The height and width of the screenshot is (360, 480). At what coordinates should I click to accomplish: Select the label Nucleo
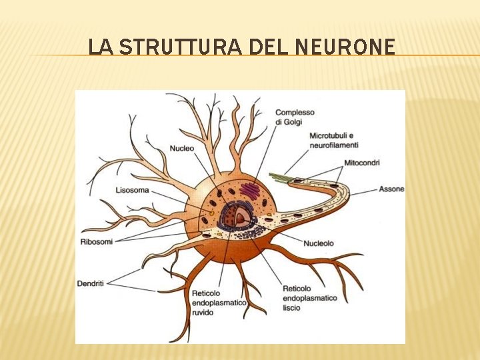point(181,148)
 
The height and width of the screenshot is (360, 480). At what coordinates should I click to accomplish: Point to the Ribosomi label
point(97,241)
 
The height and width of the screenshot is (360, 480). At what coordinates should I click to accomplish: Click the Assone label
point(391,189)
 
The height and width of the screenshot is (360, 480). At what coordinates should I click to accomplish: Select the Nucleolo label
point(318,243)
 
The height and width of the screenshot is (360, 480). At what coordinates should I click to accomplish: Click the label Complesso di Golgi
point(294,117)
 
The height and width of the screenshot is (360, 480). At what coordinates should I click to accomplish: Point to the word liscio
point(291,307)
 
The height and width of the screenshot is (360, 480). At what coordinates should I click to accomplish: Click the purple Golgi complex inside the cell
point(250,191)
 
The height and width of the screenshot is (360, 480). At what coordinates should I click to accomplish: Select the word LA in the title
point(97,47)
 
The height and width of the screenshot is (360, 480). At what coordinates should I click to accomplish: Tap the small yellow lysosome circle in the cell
point(212,213)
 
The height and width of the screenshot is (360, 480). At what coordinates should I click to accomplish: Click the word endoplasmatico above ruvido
point(218,303)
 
